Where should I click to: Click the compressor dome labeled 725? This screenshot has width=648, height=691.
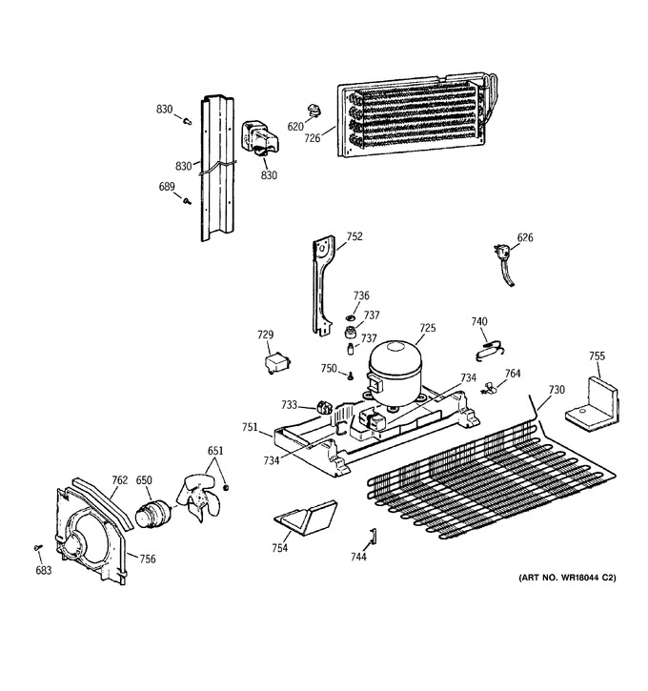point(395,372)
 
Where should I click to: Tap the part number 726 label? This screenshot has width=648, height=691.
point(312,138)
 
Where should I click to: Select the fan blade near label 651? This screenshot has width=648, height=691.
point(198,497)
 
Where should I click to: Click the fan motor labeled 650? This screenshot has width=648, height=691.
point(152,514)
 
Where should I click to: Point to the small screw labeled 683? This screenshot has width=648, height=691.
point(37,547)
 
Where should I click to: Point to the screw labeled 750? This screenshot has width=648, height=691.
point(351,376)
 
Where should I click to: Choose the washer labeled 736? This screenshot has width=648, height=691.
point(351,317)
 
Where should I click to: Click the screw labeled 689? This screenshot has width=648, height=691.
point(187,201)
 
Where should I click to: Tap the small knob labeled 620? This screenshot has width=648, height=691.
point(314,111)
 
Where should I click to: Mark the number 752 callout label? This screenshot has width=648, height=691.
point(354,236)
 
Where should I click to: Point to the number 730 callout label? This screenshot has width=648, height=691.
point(557,390)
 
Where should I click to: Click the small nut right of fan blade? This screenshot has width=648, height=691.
point(226,487)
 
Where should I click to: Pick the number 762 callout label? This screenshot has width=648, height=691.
point(119,480)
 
